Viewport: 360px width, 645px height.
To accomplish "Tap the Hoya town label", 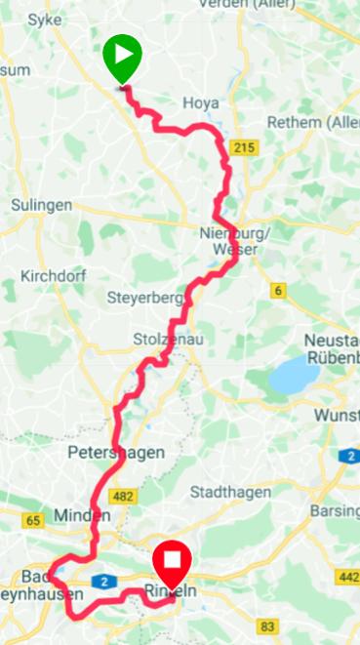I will (200, 102).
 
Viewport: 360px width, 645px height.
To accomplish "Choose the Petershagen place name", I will (116, 453).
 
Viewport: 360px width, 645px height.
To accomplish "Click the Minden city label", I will (78, 514).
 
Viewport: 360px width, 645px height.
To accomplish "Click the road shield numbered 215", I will (243, 145).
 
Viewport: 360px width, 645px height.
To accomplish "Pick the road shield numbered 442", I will (347, 577).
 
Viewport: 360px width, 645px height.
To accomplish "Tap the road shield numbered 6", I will (278, 290).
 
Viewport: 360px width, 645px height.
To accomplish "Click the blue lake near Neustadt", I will (295, 375).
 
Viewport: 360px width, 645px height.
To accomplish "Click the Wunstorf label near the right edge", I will (338, 415).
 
